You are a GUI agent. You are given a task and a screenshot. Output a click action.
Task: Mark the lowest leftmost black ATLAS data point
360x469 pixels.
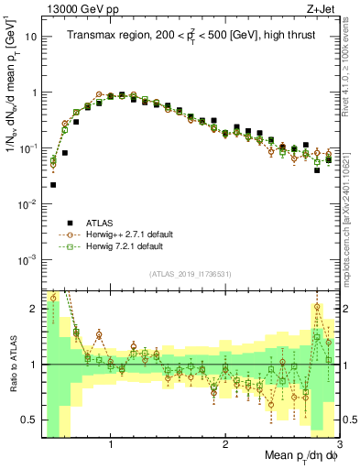[x=53, y=185]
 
